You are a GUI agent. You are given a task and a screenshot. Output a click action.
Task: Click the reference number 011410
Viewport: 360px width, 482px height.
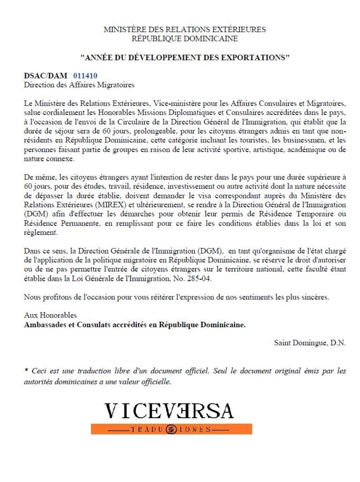tap(85, 76)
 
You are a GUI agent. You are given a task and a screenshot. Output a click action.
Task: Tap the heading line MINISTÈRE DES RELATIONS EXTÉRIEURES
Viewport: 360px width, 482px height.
tap(184, 29)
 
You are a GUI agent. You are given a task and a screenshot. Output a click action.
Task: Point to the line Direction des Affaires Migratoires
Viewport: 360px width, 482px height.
tap(79, 85)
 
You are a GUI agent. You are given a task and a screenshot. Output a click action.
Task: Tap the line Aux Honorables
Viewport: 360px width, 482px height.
tap(51, 315)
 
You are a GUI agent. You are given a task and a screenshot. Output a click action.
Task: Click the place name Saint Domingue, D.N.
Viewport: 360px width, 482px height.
tap(310, 342)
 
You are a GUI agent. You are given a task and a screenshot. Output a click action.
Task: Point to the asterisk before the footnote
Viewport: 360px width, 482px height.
tap(26, 371)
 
